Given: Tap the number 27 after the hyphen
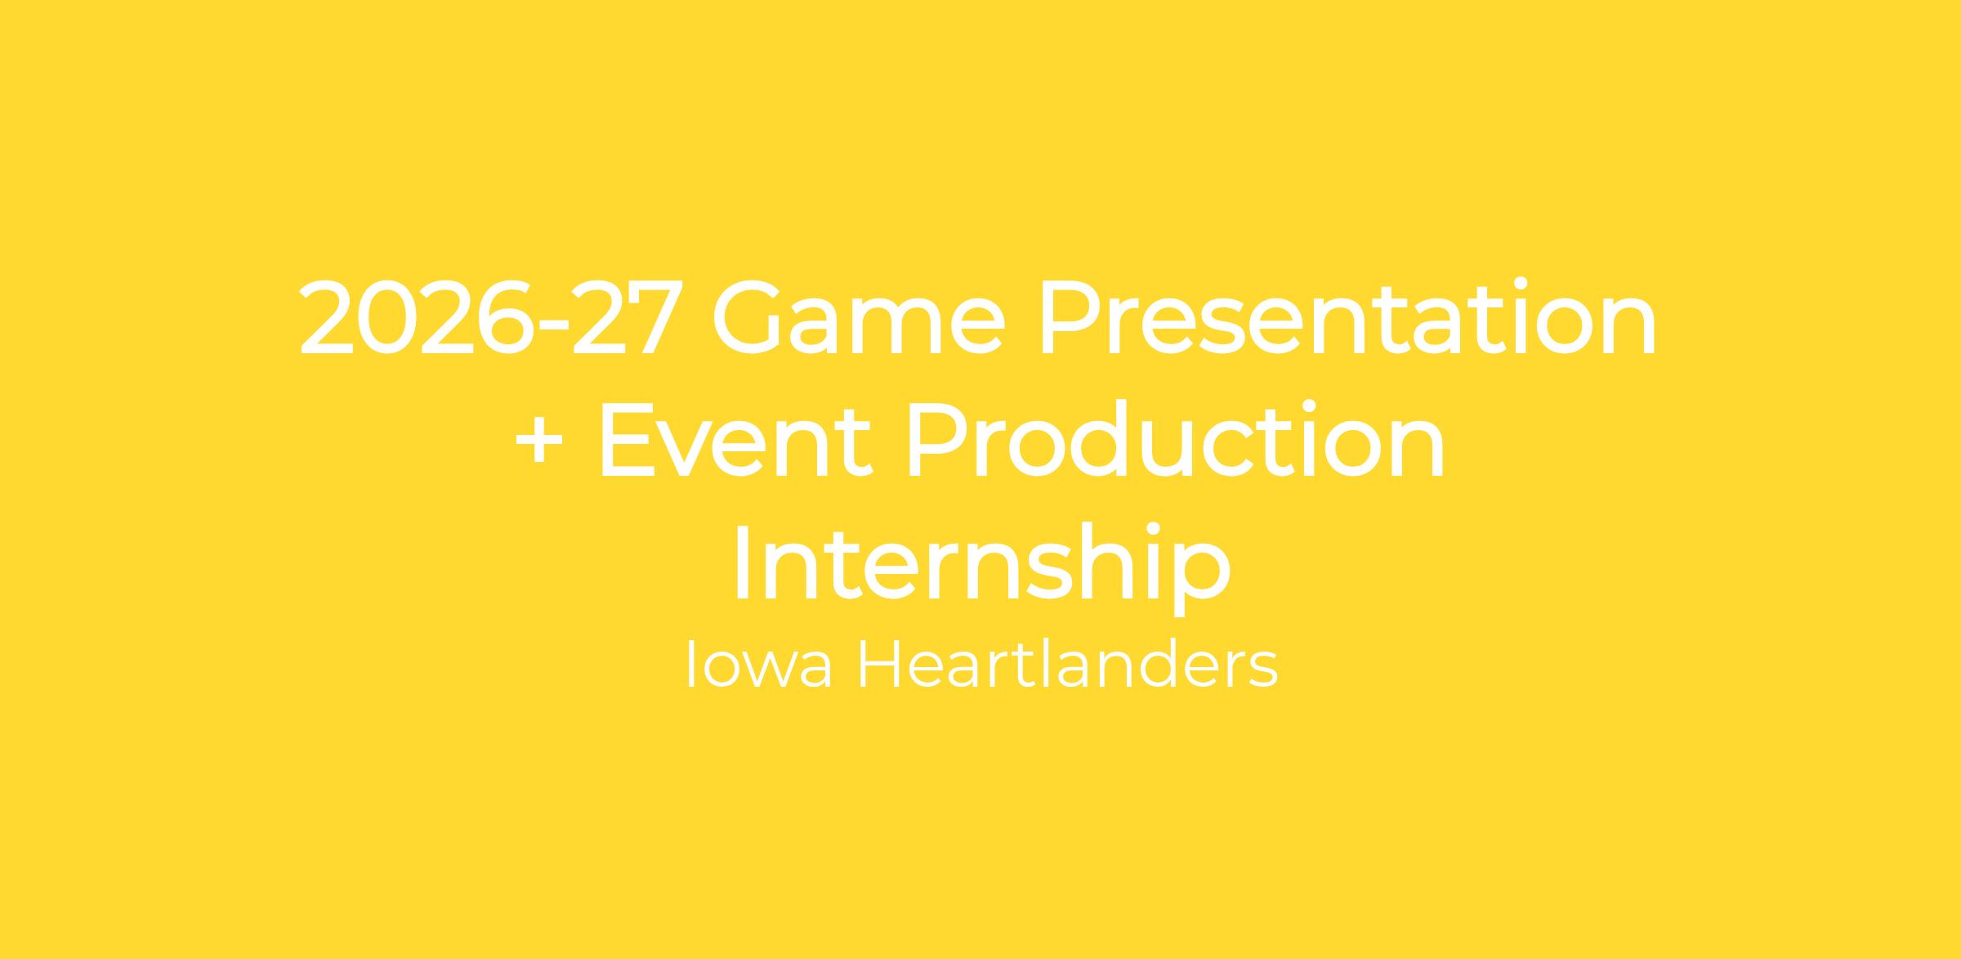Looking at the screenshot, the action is [x=628, y=319].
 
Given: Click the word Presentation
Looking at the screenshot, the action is [x=1347, y=317].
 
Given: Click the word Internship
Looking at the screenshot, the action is [x=981, y=564].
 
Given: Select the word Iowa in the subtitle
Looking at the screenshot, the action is [x=759, y=665].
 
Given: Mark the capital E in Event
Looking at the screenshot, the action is [x=627, y=440].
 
